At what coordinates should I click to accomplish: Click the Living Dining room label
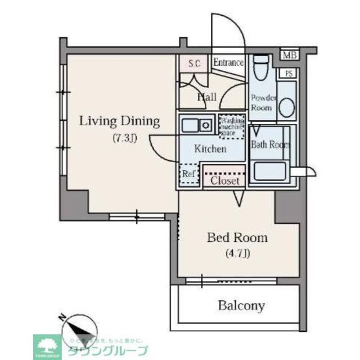pyautogui.click(x=119, y=121)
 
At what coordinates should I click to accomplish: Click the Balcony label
pyautogui.click(x=241, y=306)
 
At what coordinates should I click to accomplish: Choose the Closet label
pyautogui.click(x=224, y=181)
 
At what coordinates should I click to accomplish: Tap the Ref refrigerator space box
pyautogui.click(x=188, y=174)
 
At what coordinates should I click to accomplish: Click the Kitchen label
pyautogui.click(x=210, y=149)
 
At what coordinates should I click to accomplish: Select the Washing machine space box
pyautogui.click(x=231, y=127)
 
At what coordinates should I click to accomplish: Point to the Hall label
pyautogui.click(x=206, y=97)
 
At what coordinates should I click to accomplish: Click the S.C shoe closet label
pyautogui.click(x=195, y=63)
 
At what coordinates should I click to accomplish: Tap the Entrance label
pyautogui.click(x=228, y=62)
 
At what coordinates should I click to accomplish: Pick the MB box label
pyautogui.click(x=289, y=55)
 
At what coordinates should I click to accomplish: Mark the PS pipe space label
pyautogui.click(x=289, y=74)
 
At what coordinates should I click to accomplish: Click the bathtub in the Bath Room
pyautogui.click(x=271, y=171)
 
